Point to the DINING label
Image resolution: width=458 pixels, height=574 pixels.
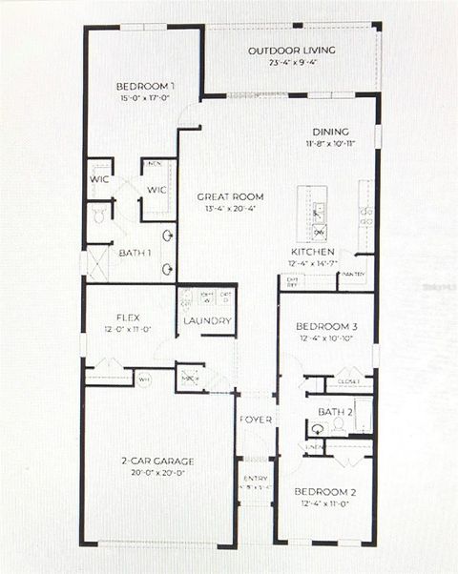(330, 132)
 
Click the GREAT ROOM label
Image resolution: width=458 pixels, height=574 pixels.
(230, 196)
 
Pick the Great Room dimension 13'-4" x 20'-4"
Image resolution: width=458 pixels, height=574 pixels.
(230, 209)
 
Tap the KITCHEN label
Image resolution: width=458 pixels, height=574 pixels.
(313, 254)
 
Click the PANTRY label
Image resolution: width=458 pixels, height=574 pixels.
(353, 276)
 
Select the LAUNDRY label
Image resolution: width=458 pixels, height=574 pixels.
(207, 321)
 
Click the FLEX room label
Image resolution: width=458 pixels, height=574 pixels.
(130, 317)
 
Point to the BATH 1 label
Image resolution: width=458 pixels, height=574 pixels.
(133, 253)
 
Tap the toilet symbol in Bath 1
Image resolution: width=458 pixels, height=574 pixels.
(99, 216)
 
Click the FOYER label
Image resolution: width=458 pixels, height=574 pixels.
(256, 420)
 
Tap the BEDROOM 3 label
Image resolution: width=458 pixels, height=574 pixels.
(325, 325)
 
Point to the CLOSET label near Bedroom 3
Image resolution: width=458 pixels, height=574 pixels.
(349, 381)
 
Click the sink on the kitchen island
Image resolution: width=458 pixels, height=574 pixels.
(319, 211)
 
